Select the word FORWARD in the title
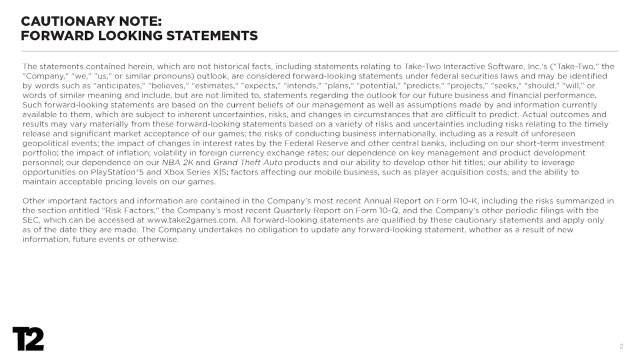click(x=55, y=33)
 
